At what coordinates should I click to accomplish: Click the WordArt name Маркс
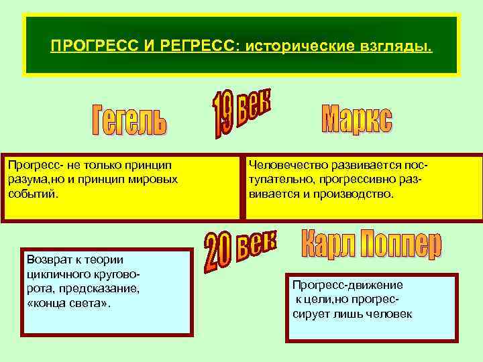point(357,119)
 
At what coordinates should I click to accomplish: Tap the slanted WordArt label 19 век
point(241,112)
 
